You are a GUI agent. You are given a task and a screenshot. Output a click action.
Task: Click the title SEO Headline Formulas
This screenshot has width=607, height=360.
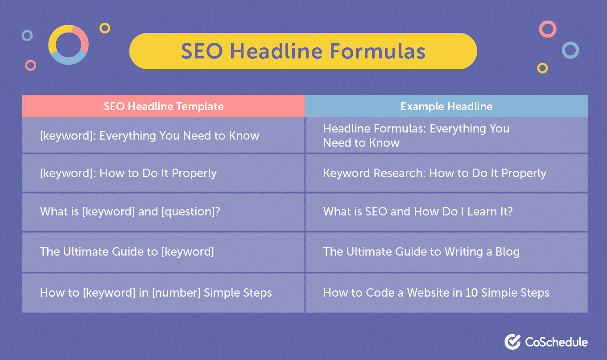[303, 51]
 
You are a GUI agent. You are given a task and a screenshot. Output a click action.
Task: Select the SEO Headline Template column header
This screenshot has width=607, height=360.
[164, 106]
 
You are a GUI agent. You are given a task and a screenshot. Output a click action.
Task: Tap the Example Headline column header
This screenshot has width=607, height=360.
[446, 106]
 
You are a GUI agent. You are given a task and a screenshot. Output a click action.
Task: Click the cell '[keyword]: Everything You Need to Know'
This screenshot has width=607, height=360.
[149, 136]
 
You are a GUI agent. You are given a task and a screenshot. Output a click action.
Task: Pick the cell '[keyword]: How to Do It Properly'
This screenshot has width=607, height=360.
[128, 173]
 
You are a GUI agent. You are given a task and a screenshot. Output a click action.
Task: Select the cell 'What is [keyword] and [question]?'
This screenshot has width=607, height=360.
[130, 211]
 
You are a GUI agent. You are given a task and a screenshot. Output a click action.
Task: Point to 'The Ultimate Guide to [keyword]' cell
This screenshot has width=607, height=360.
[127, 252]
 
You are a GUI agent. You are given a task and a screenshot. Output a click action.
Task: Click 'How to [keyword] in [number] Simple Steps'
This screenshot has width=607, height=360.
[156, 293]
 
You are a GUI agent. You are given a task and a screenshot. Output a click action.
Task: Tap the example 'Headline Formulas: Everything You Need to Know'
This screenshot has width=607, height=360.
[416, 136]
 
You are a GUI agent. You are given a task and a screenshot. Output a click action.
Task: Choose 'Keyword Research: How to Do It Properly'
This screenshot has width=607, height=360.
[434, 173]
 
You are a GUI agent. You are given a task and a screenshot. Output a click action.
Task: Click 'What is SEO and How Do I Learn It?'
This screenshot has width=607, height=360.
[418, 211]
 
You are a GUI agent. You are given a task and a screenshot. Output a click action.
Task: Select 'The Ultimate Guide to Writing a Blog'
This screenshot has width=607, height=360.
[421, 252]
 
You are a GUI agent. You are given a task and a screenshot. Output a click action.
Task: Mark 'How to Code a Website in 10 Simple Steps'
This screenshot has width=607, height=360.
[436, 293]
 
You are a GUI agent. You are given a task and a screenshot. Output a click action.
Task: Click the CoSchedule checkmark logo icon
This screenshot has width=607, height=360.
[513, 342]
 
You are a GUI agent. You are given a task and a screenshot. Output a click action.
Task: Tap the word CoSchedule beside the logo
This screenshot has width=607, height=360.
[556, 342]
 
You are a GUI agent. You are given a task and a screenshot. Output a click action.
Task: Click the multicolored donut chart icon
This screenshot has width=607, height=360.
[68, 45]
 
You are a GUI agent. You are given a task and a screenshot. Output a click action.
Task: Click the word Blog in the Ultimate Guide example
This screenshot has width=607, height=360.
[508, 252]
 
